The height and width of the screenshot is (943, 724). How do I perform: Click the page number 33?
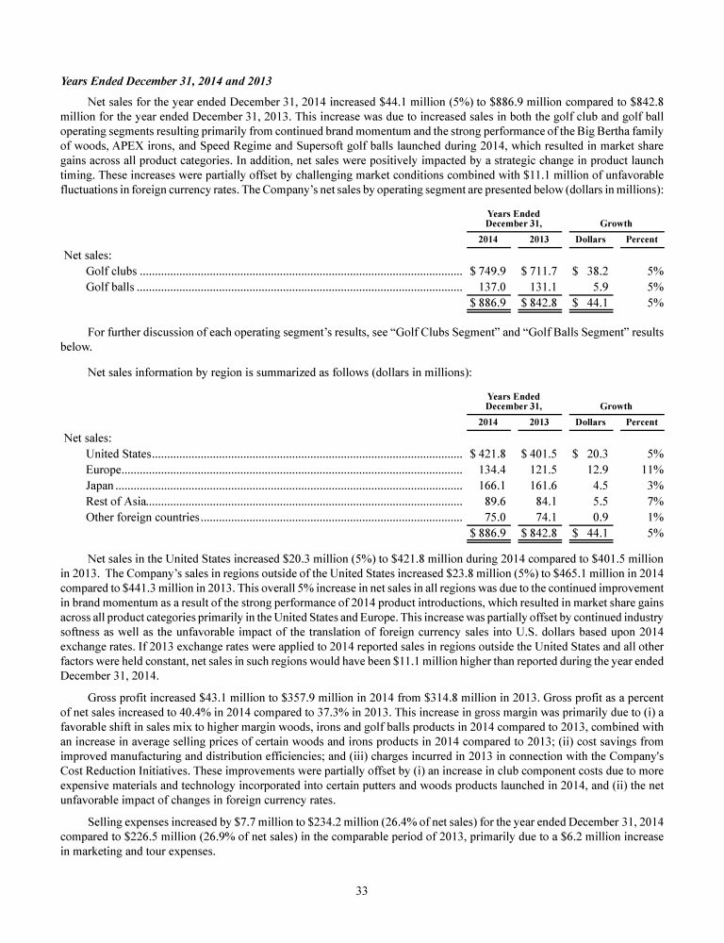tap(361, 890)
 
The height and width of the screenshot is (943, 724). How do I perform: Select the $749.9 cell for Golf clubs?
tap(486, 271)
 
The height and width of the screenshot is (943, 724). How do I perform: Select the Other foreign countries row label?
tap(141, 517)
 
